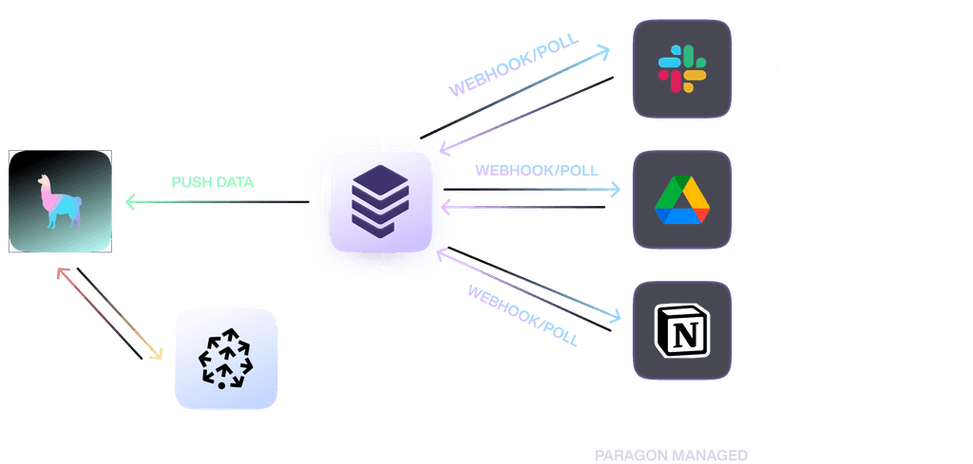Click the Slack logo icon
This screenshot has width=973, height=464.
click(681, 68)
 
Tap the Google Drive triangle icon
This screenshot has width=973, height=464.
click(681, 199)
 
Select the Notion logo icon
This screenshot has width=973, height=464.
click(681, 331)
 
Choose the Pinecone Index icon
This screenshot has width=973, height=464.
click(225, 358)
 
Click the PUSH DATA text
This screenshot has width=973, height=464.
click(213, 182)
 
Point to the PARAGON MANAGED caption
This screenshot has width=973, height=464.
click(671, 455)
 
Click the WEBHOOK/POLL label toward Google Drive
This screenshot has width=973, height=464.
click(536, 171)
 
